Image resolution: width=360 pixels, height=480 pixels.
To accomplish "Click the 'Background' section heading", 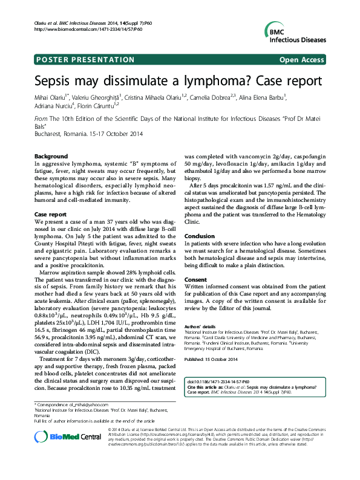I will [51, 157].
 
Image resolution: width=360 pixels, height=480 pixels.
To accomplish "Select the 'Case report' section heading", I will [50, 215].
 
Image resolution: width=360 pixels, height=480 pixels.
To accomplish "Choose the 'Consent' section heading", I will [195, 280].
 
